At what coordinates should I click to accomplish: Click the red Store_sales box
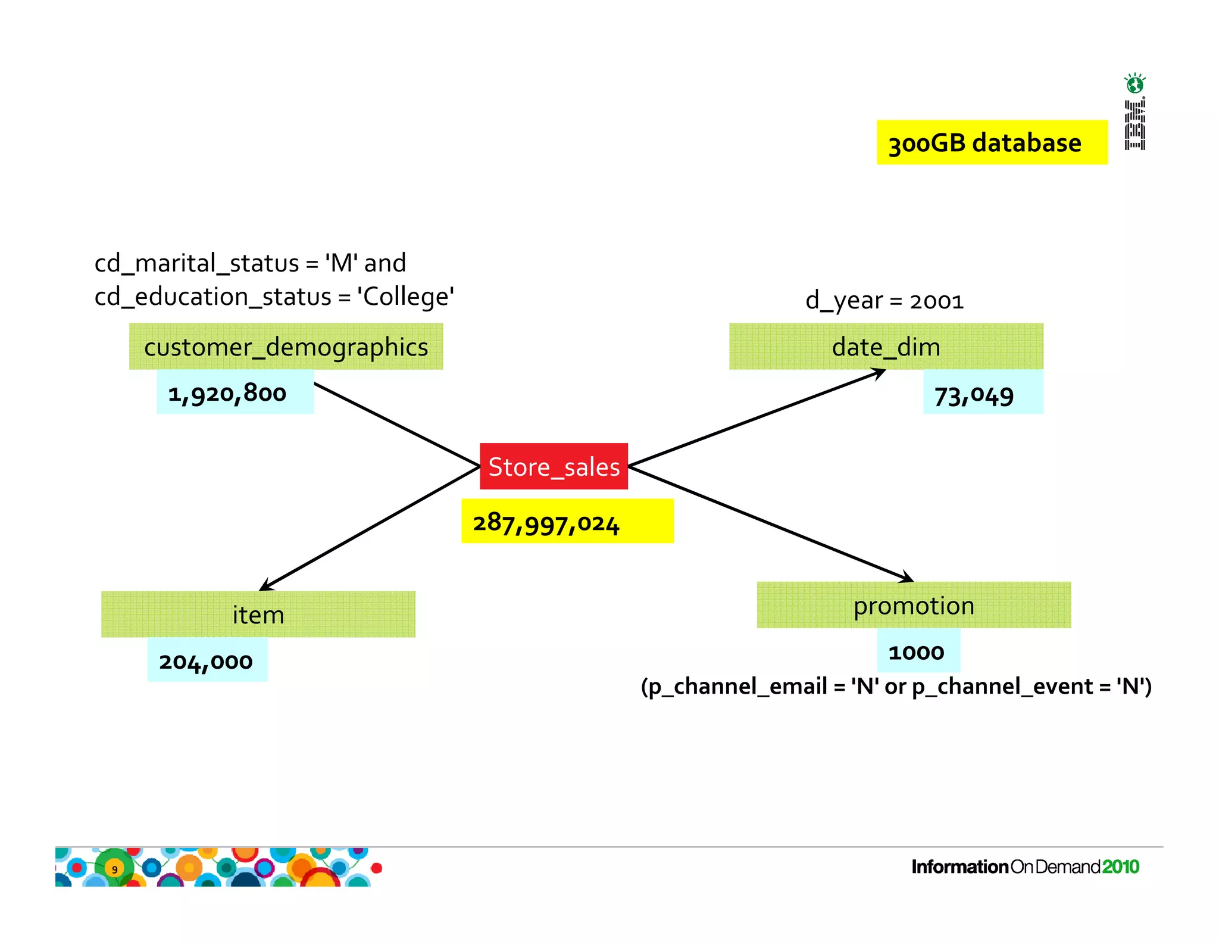(x=554, y=466)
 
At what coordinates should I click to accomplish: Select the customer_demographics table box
(x=286, y=347)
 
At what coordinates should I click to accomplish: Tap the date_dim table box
(x=886, y=347)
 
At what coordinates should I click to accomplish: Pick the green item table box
(x=258, y=615)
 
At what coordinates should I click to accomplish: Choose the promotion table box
(x=914, y=606)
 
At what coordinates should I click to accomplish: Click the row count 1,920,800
(x=227, y=393)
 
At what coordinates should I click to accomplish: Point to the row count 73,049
(x=974, y=396)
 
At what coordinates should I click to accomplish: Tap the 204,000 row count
(x=206, y=661)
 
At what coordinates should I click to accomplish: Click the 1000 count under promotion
(x=917, y=652)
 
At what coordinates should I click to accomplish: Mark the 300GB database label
(x=985, y=143)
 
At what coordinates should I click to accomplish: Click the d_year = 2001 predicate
(x=884, y=301)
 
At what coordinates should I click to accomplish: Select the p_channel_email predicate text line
(x=896, y=687)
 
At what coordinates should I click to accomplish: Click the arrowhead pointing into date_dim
(x=880, y=373)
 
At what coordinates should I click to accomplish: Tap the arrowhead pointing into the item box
(x=265, y=587)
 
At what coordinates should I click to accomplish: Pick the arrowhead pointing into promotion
(x=907, y=578)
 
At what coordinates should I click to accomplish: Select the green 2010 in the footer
(x=1121, y=867)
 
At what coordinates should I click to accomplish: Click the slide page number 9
(x=115, y=869)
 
